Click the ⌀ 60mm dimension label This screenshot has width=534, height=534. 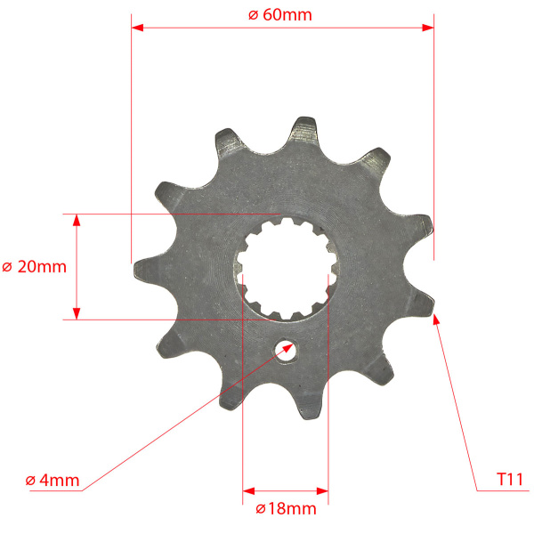pyautogui.click(x=280, y=15)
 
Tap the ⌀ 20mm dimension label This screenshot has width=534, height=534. pyautogui.click(x=34, y=267)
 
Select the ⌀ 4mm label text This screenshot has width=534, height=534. pyautogui.click(x=53, y=481)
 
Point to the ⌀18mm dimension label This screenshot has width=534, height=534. pyautogui.click(x=286, y=509)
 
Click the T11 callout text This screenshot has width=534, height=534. pyautogui.click(x=510, y=480)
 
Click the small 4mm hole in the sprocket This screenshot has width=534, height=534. pyautogui.click(x=287, y=351)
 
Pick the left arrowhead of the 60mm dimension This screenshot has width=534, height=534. pyautogui.click(x=137, y=28)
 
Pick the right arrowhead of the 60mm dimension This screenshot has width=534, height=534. pyautogui.click(x=428, y=28)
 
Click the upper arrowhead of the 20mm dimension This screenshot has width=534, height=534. pyautogui.click(x=77, y=220)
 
